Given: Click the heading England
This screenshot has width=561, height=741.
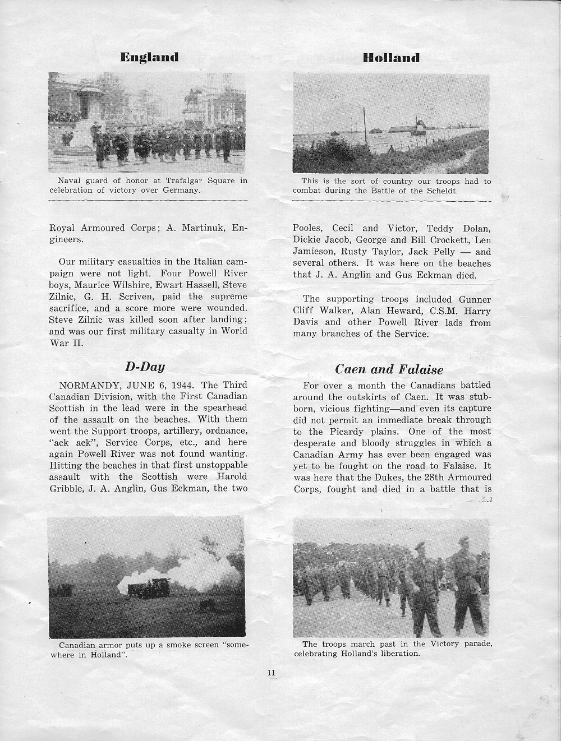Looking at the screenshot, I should tap(150, 57).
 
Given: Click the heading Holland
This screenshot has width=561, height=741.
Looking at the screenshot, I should tap(391, 58).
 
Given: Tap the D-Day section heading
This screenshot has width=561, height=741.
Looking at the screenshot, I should tap(145, 368).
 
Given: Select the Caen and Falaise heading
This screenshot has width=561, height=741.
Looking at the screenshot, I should tap(389, 369).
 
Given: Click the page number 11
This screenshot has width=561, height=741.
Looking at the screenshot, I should tap(272, 673).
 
